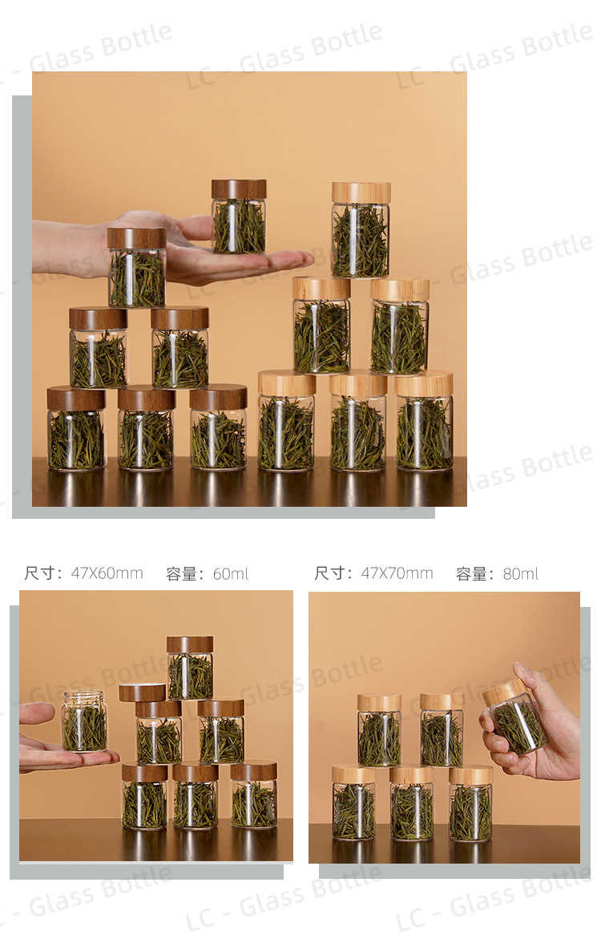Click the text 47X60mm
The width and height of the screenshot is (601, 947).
(107, 573)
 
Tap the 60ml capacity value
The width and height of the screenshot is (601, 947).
(231, 573)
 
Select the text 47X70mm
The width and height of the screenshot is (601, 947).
(397, 573)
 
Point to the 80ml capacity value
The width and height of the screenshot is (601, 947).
(521, 573)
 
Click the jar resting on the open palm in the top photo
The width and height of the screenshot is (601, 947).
(239, 217)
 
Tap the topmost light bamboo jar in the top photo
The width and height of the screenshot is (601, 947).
(361, 229)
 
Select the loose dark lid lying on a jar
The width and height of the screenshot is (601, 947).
(143, 692)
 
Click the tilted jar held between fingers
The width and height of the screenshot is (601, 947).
(514, 716)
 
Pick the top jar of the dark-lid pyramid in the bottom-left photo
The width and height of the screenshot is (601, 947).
(190, 667)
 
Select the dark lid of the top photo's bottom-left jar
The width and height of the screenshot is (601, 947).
(76, 399)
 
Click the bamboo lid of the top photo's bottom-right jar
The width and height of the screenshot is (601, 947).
(424, 384)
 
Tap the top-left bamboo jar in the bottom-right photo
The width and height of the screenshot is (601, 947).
(379, 730)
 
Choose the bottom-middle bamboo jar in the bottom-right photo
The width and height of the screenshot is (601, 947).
(412, 803)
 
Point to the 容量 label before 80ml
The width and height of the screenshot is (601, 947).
(472, 573)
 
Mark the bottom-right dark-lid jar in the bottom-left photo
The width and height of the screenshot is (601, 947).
(254, 796)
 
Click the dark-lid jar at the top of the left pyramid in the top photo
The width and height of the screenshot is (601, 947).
(137, 268)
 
